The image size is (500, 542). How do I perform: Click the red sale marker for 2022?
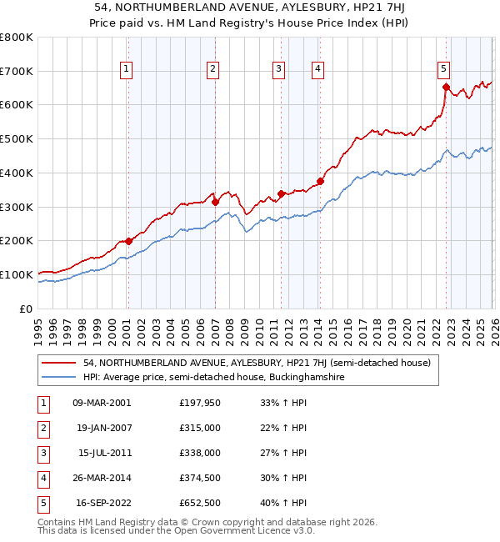pyautogui.click(x=446, y=86)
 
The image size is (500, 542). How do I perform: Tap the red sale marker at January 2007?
pyautogui.click(x=215, y=201)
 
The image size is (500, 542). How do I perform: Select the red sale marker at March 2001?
pyautogui.click(x=128, y=241)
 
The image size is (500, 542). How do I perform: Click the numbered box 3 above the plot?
pyautogui.click(x=278, y=69)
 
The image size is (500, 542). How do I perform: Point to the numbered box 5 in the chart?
pyautogui.click(x=443, y=69)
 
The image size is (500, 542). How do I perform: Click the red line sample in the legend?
pyautogui.click(x=60, y=363)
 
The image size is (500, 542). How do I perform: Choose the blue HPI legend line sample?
pyautogui.click(x=60, y=378)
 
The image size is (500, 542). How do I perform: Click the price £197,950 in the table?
pyautogui.click(x=199, y=403)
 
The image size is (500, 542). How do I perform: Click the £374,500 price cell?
pyautogui.click(x=199, y=478)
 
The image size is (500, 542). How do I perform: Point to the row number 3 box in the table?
pyautogui.click(x=42, y=453)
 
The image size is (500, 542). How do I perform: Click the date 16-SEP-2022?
pyautogui.click(x=102, y=503)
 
